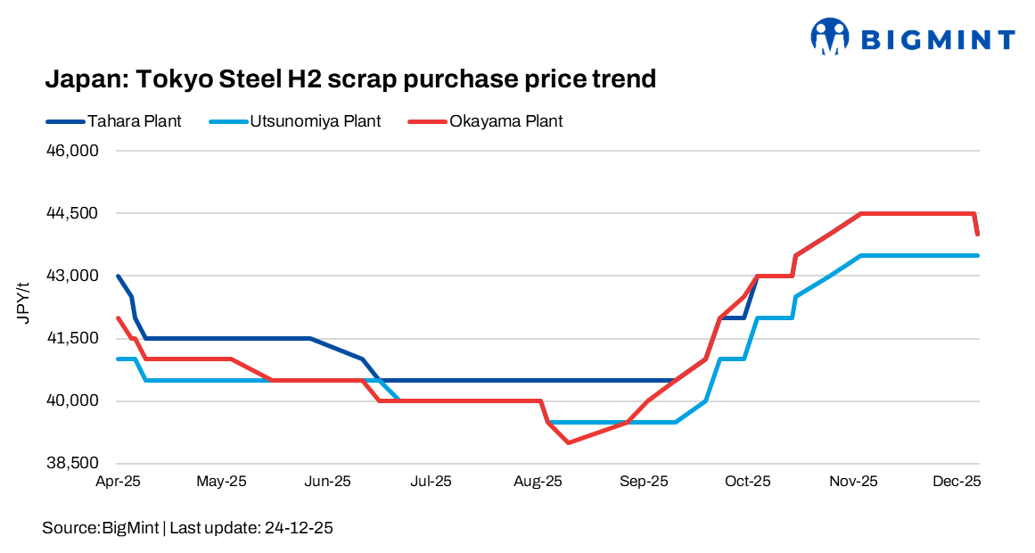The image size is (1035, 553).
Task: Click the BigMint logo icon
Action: [x=830, y=37]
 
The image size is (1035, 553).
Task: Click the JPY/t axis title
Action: [x=24, y=303]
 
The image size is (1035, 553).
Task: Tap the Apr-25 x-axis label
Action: [x=119, y=482]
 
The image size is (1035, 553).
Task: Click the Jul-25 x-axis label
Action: [x=431, y=482]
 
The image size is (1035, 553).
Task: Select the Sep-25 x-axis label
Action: [x=645, y=482]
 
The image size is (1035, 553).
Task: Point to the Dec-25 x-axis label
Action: [x=958, y=482]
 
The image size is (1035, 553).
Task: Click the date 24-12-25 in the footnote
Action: [x=299, y=528]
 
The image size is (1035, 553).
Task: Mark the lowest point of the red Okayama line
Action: [x=568, y=442]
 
